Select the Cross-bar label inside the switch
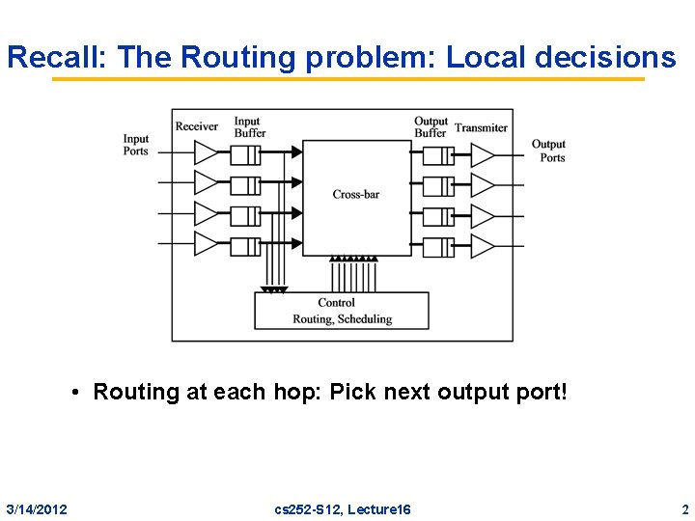(x=356, y=194)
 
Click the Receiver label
(x=197, y=126)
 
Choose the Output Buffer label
(x=431, y=127)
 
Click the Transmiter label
(x=481, y=127)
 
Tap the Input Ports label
(x=136, y=145)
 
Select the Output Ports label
(x=549, y=151)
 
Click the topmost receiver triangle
(x=207, y=152)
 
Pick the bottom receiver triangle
(x=207, y=243)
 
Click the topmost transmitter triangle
(x=482, y=154)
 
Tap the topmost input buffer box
(x=246, y=154)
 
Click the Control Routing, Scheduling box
(x=342, y=311)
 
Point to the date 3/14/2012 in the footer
(x=37, y=508)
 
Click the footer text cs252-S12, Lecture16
(x=343, y=508)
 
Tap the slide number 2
(x=684, y=508)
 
